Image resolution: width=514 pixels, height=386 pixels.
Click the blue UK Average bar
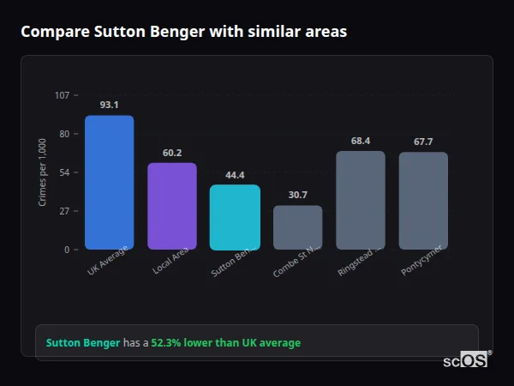pos(109,182)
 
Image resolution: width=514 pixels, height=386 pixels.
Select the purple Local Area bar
pos(172,206)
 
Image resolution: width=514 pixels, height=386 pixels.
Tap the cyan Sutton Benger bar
pos(235,217)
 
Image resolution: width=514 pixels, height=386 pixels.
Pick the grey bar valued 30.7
pos(297,227)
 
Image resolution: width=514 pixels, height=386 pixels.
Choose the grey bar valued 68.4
pos(361,200)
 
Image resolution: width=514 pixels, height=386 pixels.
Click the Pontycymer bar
pos(423,201)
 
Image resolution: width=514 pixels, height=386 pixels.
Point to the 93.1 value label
pos(109,105)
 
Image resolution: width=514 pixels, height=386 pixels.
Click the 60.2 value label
pos(172,153)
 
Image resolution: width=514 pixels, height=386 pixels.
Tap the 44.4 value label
pos(235,174)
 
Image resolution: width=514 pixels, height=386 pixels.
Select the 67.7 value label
pos(423,142)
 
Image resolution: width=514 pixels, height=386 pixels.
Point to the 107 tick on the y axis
pos(62,95)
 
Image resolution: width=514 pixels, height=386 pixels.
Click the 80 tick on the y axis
pos(63,134)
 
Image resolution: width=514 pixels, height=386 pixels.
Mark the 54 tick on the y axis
pos(63,172)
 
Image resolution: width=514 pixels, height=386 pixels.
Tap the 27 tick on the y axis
pos(63,211)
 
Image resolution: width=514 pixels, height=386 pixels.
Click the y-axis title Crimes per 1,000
pos(43,172)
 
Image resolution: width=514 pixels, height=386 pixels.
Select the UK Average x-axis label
pos(108,261)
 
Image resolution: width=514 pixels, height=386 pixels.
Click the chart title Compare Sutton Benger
pos(184,32)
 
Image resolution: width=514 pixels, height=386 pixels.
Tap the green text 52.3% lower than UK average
pos(225,343)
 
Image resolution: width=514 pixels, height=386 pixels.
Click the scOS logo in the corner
pos(466,360)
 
